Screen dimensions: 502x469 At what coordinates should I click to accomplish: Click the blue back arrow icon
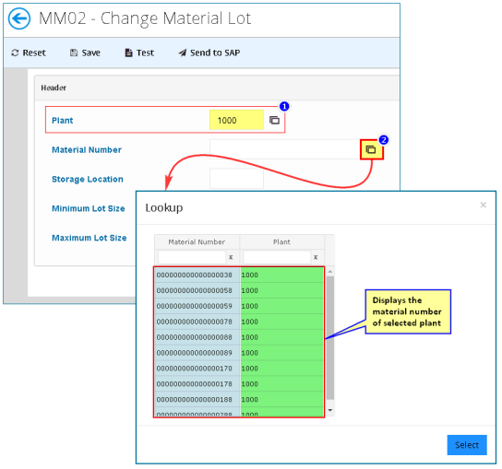pos(19,18)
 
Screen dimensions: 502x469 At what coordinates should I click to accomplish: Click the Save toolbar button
pos(85,53)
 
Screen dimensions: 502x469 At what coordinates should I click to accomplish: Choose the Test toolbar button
pos(139,53)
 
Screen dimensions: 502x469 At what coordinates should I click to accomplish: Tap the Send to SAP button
pos(209,53)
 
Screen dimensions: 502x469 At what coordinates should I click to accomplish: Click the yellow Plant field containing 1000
pos(236,120)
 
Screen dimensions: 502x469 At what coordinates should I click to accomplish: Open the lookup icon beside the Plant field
pos(274,121)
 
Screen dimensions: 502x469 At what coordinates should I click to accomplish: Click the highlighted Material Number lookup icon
pos(371,149)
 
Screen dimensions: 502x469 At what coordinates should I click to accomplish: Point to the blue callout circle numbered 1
pos(284,107)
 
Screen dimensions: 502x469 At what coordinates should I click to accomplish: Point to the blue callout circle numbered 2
pos(384,140)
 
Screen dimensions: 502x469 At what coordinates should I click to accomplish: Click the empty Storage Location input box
pos(236,179)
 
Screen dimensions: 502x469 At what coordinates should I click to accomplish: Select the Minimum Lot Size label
pos(89,208)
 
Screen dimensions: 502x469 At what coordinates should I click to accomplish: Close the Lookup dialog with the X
pos(484,205)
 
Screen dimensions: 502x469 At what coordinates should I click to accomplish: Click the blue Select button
pos(467,445)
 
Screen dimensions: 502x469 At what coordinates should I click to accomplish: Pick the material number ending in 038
pos(195,275)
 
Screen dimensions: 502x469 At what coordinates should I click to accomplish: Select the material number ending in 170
pos(195,369)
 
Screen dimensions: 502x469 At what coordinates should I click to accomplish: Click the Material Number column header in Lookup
pos(197,241)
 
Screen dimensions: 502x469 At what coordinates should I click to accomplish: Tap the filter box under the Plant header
pos(277,257)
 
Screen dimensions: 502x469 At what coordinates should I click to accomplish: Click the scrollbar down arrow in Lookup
pos(330,410)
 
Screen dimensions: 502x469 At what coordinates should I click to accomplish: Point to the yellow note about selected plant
pos(408,311)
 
